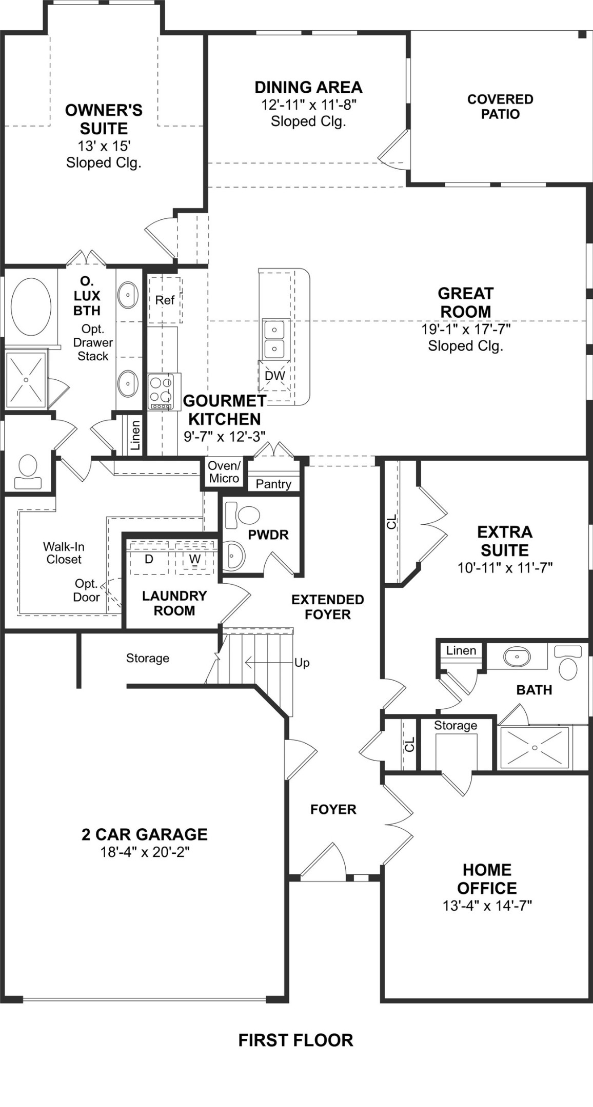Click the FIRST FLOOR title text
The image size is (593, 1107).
295,1040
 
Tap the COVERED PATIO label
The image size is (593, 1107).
500,107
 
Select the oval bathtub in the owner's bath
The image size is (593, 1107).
31,305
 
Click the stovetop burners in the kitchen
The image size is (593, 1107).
161,391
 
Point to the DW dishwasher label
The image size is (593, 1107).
274,375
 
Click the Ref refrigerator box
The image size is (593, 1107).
165,300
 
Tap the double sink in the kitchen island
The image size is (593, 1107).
274,339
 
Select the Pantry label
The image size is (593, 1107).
273,484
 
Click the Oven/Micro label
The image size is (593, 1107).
224,472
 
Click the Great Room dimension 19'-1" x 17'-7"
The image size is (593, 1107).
466,329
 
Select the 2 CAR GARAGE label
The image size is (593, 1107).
145,834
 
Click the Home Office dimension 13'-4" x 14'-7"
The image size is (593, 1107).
487,906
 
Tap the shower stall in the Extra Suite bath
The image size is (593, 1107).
534,748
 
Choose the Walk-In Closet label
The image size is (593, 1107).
64,553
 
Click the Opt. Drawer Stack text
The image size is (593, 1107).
93,342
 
